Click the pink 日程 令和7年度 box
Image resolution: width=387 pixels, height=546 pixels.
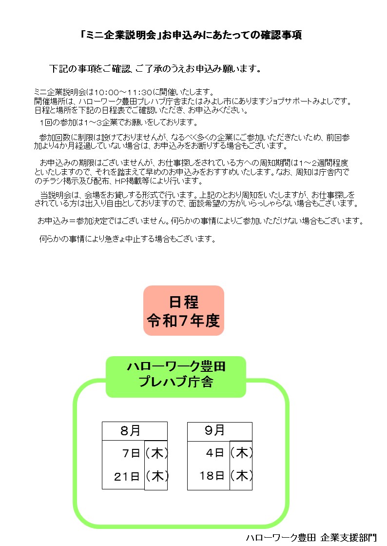coord(184,311)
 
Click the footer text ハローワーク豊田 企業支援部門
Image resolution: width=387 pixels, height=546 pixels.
coord(311,538)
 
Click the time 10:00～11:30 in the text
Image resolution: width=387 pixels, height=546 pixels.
coord(123,92)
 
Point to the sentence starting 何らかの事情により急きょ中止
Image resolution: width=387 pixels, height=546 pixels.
coord(127,239)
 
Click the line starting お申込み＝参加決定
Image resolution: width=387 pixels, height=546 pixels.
coord(200,221)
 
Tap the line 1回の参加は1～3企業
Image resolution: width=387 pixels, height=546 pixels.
coord(118,122)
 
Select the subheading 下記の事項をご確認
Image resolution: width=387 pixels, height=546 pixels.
coord(155,69)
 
